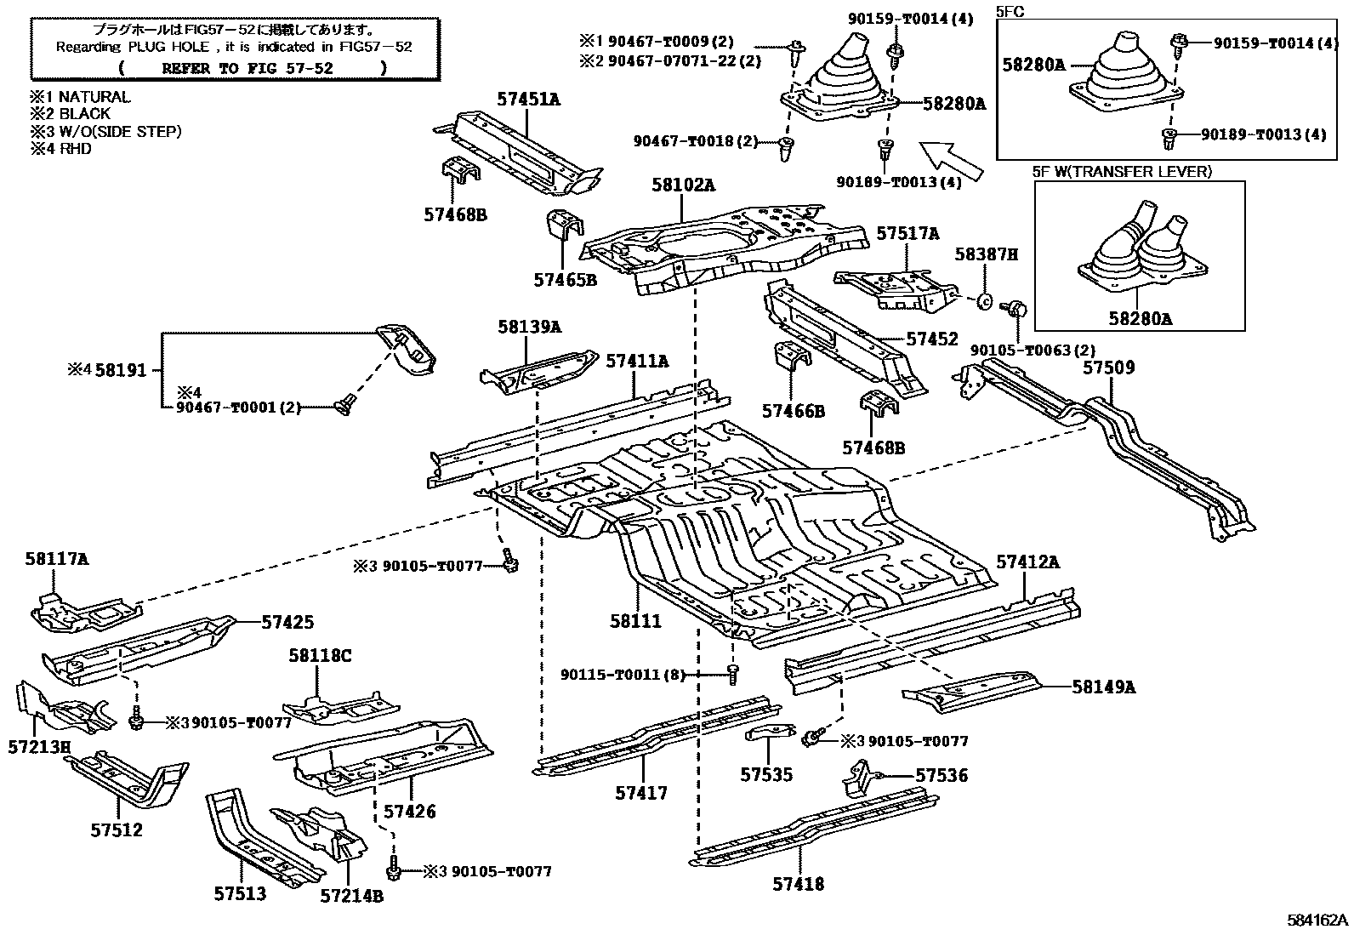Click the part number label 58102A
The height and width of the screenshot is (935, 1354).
[x=684, y=184]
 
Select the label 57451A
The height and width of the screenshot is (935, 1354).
[x=529, y=100]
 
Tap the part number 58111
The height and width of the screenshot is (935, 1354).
[x=635, y=622]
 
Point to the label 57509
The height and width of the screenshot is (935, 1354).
[x=1108, y=368]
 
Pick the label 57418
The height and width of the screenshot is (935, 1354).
[x=799, y=884]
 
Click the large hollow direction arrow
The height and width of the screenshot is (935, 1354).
[x=953, y=159]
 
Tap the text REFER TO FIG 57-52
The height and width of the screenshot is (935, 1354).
[x=247, y=68]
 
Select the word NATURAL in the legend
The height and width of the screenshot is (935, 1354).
[x=94, y=97]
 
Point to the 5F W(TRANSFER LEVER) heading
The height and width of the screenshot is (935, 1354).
[x=1122, y=171]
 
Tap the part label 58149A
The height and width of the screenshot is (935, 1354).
[x=1103, y=687]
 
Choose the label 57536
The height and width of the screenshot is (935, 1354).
[x=942, y=775]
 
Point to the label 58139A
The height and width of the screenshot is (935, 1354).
[x=530, y=327]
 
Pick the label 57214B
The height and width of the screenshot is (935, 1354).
[x=352, y=895]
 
